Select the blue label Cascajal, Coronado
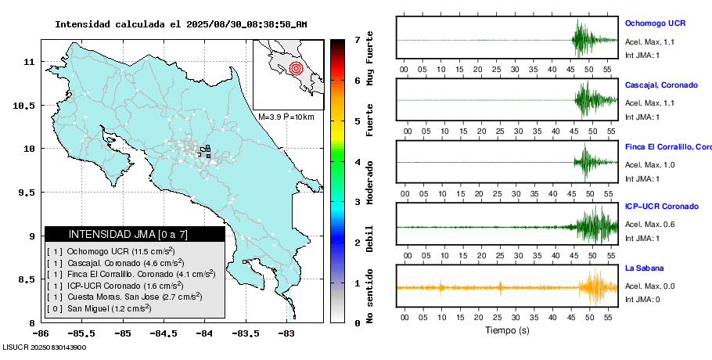pyautogui.click(x=661, y=85)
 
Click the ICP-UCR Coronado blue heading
pyautogui.click(x=661, y=207)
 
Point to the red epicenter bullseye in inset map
pyautogui.click(x=295, y=68)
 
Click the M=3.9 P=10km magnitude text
pyautogui.click(x=286, y=117)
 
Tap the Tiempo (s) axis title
pyautogui.click(x=507, y=330)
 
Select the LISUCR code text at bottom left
pyautogui.click(x=44, y=347)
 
